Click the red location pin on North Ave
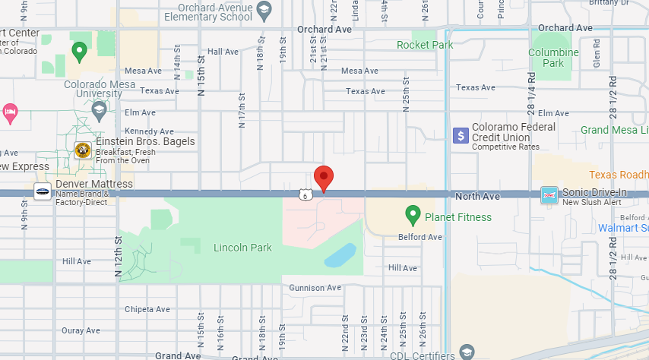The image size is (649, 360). click(x=324, y=178)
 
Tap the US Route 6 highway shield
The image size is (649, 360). click(x=304, y=195)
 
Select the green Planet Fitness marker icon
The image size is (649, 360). click(x=413, y=216)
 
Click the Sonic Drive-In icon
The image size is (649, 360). click(x=549, y=195)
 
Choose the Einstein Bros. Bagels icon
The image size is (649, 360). click(x=83, y=150)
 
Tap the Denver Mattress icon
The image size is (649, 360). click(x=43, y=191)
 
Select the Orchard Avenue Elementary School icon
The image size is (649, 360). click(x=264, y=10)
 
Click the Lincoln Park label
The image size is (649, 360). click(x=242, y=248)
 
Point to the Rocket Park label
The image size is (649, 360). click(x=425, y=45)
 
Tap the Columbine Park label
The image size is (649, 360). click(x=554, y=58)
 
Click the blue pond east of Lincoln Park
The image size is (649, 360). click(x=341, y=255)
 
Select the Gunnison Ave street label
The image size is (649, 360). click(x=315, y=288)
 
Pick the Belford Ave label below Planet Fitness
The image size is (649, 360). click(x=420, y=237)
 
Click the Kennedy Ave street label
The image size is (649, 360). click(x=149, y=131)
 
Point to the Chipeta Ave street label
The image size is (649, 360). click(x=147, y=309)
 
